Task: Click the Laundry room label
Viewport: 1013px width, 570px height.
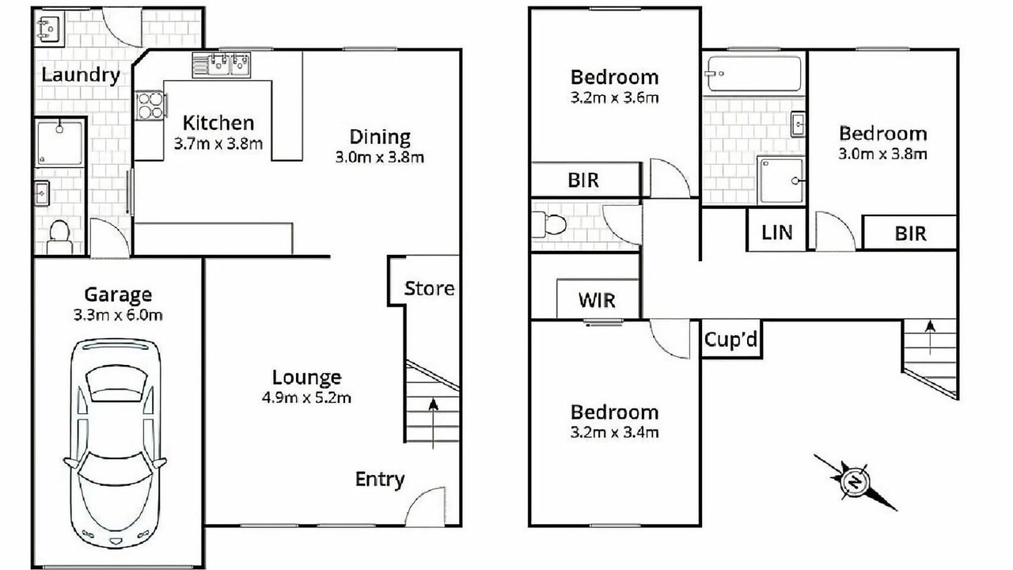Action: [81, 75]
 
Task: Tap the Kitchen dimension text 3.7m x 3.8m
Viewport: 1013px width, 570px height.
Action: [218, 144]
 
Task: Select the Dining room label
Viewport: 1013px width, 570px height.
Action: [380, 137]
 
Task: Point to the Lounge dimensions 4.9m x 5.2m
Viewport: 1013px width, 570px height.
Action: [306, 397]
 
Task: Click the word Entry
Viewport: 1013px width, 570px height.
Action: [380, 480]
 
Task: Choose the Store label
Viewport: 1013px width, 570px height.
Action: [429, 288]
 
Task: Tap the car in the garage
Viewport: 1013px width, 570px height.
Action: [116, 443]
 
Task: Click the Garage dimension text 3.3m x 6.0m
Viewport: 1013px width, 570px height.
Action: [118, 315]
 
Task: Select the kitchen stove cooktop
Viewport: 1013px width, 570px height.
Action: [150, 105]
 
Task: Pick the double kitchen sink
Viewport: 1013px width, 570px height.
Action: [222, 65]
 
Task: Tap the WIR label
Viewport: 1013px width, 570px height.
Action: [597, 300]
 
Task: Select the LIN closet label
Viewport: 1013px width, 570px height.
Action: [777, 233]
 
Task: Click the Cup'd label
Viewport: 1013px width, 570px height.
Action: [730, 340]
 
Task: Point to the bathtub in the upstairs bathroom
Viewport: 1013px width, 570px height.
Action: [754, 74]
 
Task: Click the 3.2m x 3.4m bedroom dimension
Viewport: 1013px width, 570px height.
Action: [615, 432]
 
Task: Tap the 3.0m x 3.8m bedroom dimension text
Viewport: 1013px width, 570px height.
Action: [882, 154]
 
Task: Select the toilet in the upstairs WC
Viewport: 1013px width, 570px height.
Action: [548, 224]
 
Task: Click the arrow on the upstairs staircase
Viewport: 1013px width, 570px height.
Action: [930, 338]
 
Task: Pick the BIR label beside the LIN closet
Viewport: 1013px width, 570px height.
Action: [910, 234]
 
